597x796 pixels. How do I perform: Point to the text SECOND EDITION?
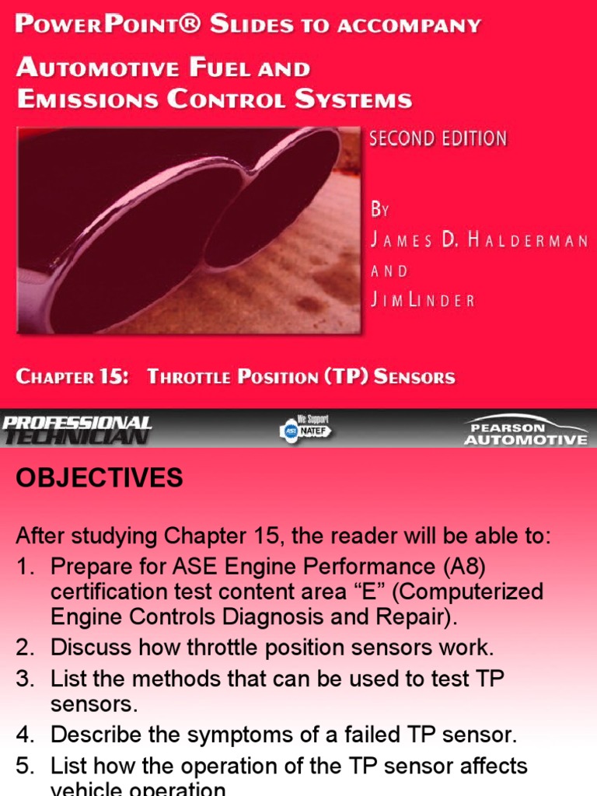(438, 139)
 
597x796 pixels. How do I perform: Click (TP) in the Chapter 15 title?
(338, 377)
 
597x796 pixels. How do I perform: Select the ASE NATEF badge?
(305, 429)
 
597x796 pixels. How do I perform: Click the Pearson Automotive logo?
(525, 430)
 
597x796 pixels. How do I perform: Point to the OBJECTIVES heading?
(99, 478)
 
